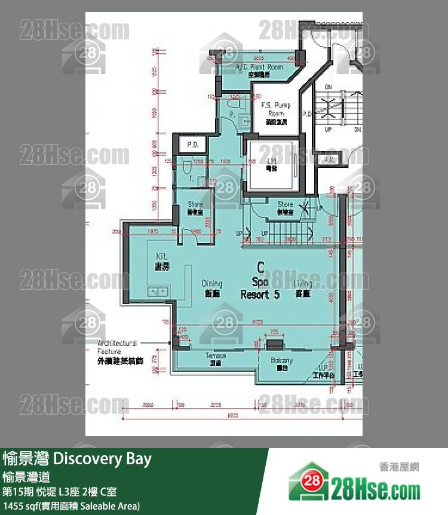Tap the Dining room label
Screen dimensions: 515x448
[x=212, y=288]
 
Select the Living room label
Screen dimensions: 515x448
[x=303, y=288]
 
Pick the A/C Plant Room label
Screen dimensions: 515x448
[x=259, y=70]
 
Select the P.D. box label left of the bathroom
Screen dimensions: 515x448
[x=192, y=144]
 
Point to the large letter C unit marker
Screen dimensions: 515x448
[x=260, y=266]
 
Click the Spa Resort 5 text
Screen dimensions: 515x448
[x=260, y=288]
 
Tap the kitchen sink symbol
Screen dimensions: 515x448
[x=159, y=291]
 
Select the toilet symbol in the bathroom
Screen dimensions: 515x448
[x=186, y=165]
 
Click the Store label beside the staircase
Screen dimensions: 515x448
[x=285, y=207]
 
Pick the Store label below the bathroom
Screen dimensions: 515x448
[x=195, y=208]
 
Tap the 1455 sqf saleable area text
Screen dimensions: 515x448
[x=72, y=506]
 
